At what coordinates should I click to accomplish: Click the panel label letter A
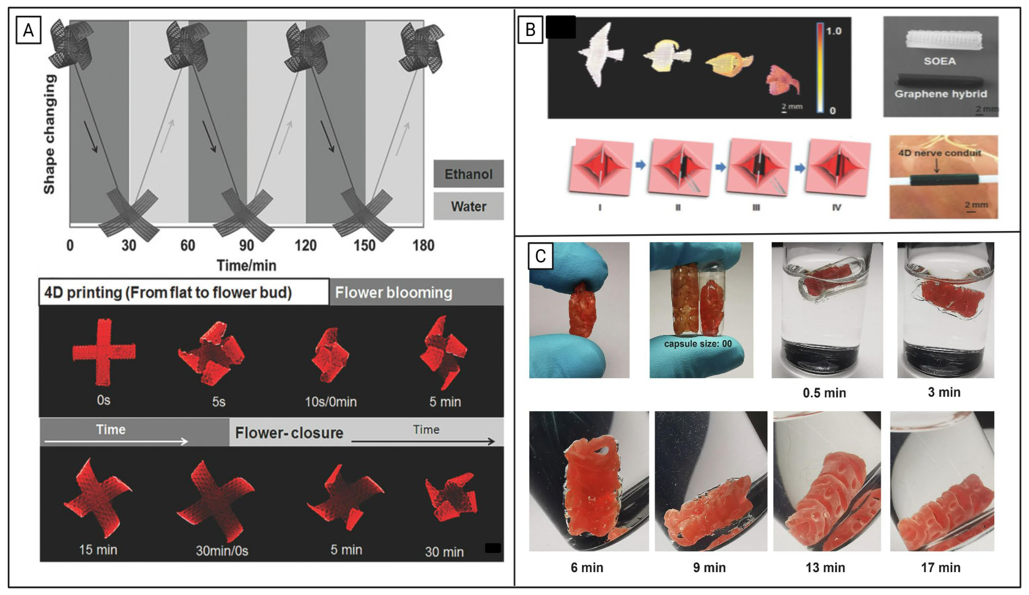pos(28,30)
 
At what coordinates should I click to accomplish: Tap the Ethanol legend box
pos(468,174)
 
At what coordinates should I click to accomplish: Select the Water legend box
pos(468,206)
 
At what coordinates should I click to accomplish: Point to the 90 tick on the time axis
pos(246,245)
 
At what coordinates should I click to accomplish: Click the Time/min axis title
pos(246,265)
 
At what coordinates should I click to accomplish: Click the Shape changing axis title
pos(49,134)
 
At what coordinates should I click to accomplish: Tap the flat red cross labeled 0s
pos(104,352)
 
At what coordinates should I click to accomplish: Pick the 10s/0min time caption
pos(331,402)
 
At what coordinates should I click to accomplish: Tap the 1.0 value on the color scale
pos(833,31)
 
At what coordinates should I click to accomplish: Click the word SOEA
pos(939,61)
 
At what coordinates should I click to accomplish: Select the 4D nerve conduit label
pos(939,153)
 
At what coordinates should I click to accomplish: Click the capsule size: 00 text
pos(698,344)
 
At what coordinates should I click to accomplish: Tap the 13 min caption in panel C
pos(825,567)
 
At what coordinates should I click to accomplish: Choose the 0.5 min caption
pos(824,393)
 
